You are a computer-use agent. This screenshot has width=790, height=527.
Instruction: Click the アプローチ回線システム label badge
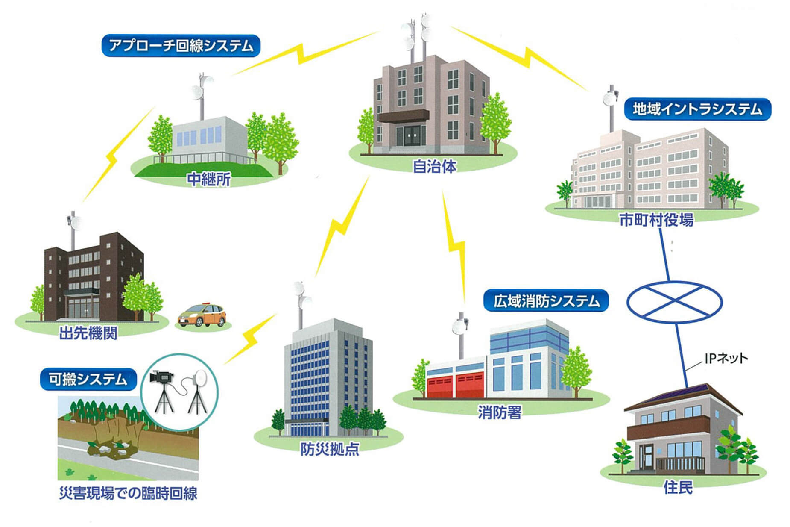coord(181,46)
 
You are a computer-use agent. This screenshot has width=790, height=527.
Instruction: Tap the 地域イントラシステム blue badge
coord(697,109)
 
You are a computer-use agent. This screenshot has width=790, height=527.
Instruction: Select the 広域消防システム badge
coord(546,301)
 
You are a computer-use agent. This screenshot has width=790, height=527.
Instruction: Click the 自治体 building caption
coord(434,166)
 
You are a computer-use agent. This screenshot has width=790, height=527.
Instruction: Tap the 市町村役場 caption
coord(656,220)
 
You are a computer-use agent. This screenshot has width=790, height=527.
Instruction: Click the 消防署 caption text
coord(499,412)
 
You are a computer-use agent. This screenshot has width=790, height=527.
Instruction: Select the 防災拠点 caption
coord(330,449)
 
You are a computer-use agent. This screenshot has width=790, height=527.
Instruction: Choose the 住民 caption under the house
coord(678,487)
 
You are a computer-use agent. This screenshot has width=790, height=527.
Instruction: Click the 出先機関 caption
coord(88,333)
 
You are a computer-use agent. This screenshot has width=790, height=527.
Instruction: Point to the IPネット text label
coord(726,358)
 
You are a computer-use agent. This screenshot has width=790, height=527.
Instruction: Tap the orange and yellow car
coord(202,315)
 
